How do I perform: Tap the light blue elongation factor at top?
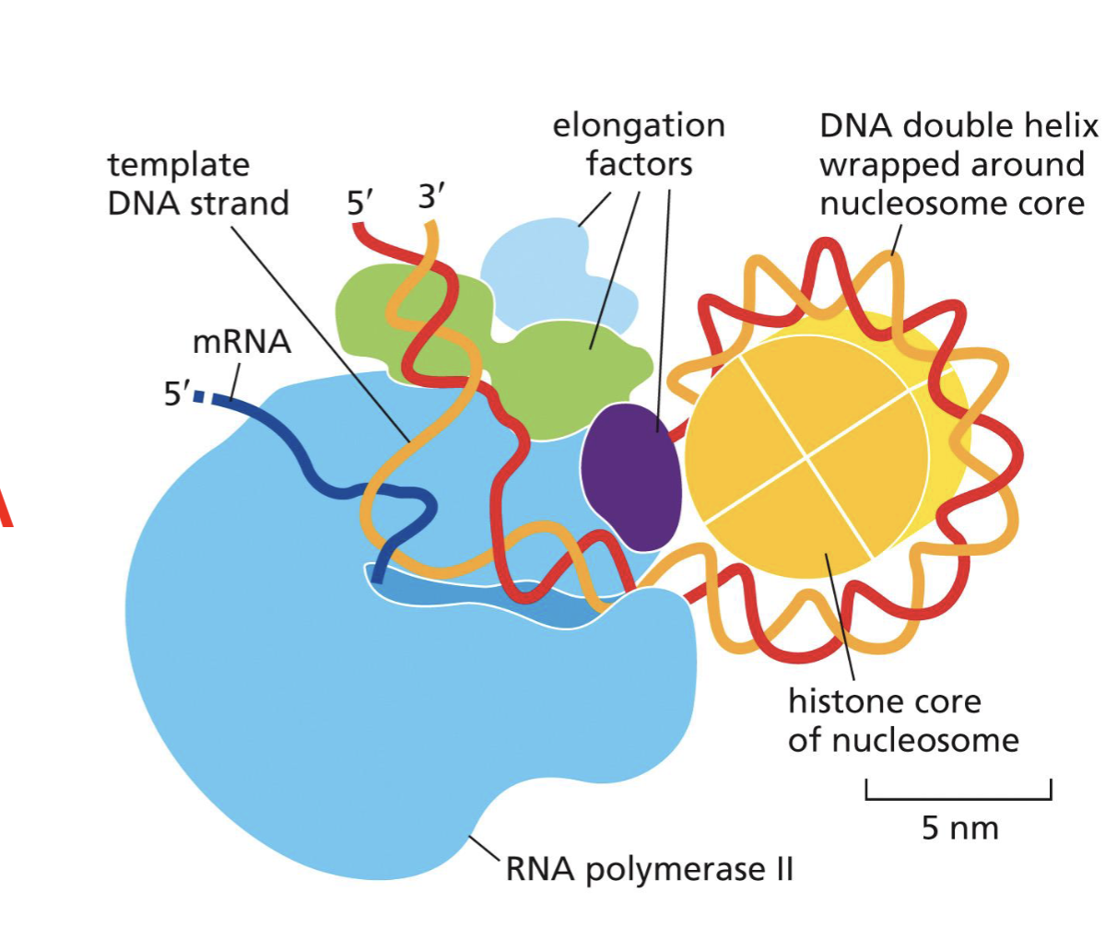coord(553,272)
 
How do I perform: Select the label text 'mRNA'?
coord(241,342)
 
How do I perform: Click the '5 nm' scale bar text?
coord(959,828)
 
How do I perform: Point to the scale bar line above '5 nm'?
coord(958,797)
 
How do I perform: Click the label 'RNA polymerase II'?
coord(649,869)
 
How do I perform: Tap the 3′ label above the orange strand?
coord(430,196)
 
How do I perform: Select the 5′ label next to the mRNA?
coord(176,394)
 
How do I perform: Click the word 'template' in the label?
coord(179,165)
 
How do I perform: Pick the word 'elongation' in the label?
coord(639,125)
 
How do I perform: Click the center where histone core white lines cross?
coord(808,454)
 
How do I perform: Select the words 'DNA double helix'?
coord(958,125)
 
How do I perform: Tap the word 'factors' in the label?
coord(639,164)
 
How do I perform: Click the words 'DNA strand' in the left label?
coord(198,204)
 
